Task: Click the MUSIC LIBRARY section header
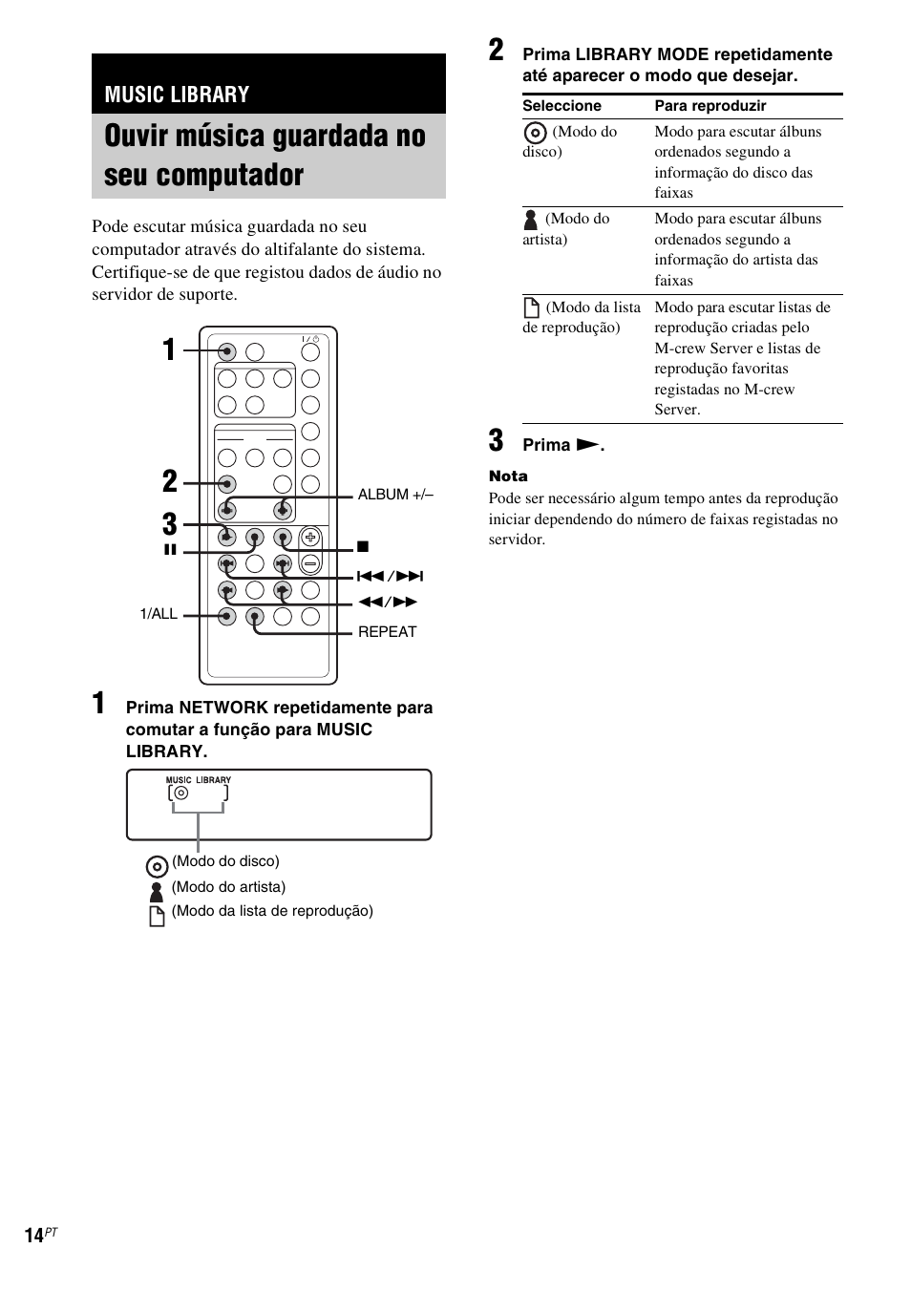pos(177,94)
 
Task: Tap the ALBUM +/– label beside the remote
pos(394,495)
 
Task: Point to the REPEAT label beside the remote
pos(387,631)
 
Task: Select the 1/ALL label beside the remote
pos(159,614)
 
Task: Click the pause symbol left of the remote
pos(170,550)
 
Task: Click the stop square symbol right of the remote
pos(363,547)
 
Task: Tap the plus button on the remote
pos(310,538)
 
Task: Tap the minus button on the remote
pos(310,563)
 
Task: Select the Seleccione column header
pos(561,106)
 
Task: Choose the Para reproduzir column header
pos(710,106)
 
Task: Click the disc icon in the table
pos(536,133)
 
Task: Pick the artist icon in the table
pos(531,220)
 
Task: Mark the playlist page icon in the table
pos(532,307)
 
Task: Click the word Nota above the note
pos(508,476)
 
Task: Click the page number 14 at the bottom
pos(34,1236)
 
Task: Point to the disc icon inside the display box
pos(181,793)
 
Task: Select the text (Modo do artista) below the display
pos(228,887)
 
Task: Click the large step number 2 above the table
pos(497,52)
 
